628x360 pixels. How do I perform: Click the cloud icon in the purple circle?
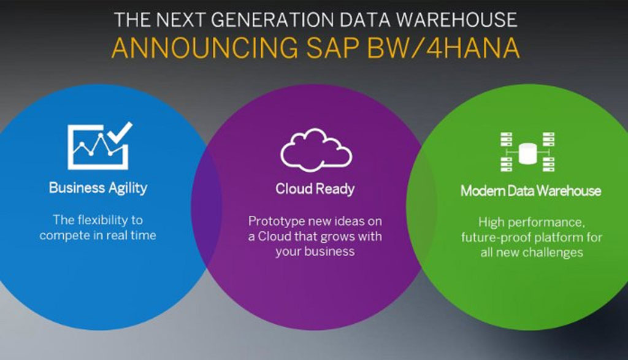pyautogui.click(x=316, y=150)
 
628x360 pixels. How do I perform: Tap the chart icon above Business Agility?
pyautogui.click(x=98, y=147)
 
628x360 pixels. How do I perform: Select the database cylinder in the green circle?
pyautogui.click(x=527, y=153)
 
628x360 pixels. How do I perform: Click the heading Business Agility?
pyautogui.click(x=98, y=187)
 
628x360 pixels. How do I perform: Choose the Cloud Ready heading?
pyautogui.click(x=315, y=189)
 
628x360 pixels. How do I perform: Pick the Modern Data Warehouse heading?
pyautogui.click(x=530, y=190)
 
